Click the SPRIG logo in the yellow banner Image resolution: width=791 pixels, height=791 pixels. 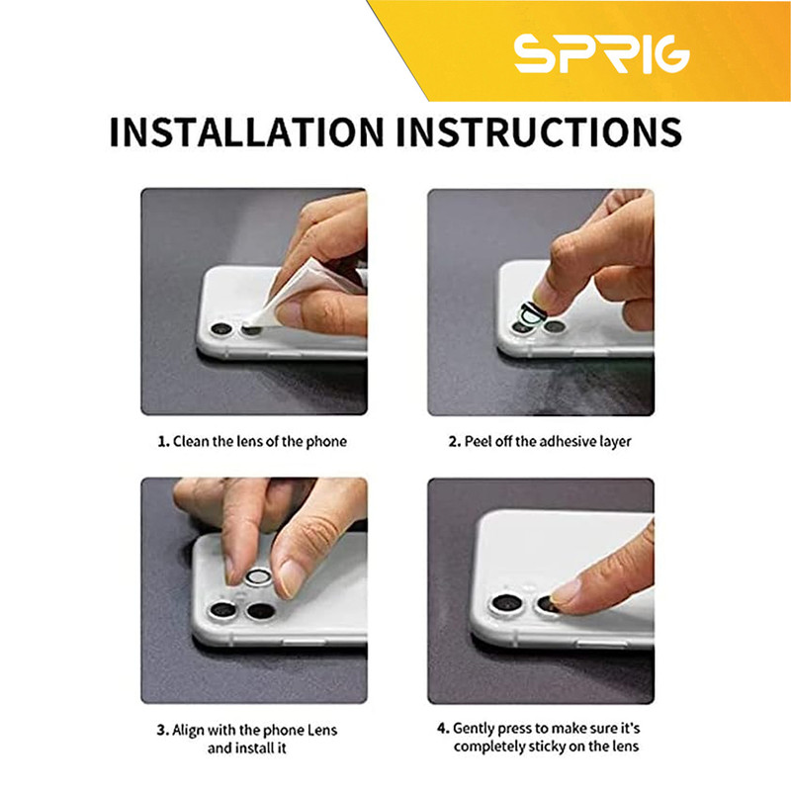point(602,53)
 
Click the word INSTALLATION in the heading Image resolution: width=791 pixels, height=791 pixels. point(246,132)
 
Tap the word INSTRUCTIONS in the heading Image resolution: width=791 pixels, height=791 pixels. point(539,132)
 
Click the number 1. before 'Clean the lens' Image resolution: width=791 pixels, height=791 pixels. point(164,442)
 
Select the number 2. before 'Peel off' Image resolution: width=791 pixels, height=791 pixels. point(455,442)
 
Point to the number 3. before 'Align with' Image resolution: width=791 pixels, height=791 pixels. point(162,731)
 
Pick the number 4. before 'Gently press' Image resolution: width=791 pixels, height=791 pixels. point(443,729)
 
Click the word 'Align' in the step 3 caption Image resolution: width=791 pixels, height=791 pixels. point(188,732)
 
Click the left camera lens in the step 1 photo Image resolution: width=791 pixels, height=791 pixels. point(221,329)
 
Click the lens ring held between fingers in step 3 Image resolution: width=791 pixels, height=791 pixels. point(258,577)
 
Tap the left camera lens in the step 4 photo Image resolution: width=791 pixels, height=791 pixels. point(506,603)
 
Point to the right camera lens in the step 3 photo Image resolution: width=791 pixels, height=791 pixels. point(261,611)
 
